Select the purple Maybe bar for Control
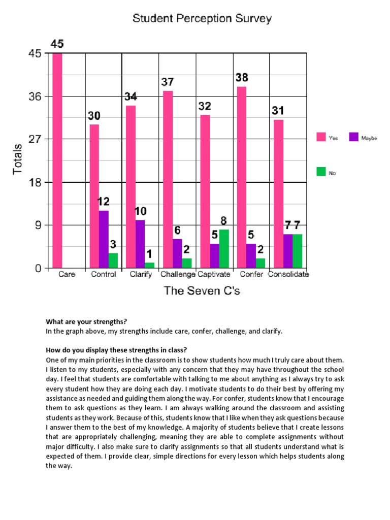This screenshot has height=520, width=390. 104,239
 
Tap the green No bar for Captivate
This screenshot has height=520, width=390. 224,249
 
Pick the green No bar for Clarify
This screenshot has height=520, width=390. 150,265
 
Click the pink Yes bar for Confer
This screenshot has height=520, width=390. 242,177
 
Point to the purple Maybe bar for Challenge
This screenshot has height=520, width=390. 177,253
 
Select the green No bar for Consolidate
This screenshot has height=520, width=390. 297,251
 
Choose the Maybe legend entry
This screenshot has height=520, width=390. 363,138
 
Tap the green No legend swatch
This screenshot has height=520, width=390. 321,172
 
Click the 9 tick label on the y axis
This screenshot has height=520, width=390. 38,225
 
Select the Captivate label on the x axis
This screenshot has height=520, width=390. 214,275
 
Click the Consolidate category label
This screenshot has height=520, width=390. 288,275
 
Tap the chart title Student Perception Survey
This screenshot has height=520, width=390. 202,19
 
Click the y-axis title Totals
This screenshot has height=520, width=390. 18,159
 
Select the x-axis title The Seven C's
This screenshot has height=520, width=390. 202,291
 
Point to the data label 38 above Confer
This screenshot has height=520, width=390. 242,78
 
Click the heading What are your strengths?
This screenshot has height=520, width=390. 86,321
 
